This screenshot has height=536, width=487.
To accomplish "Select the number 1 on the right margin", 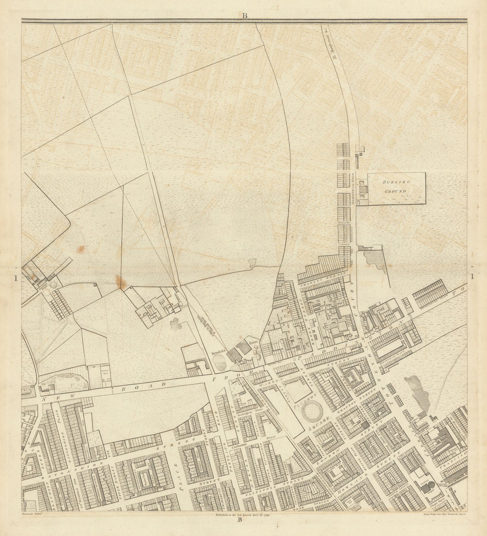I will click(473, 277).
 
